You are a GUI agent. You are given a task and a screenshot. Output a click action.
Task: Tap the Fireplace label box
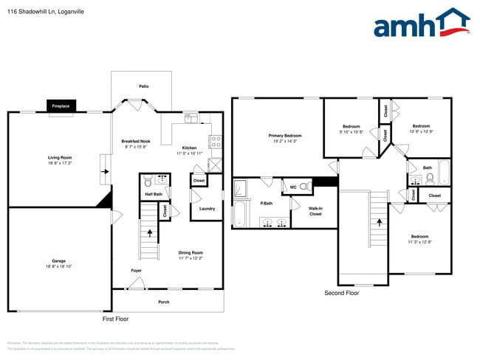click(61, 107)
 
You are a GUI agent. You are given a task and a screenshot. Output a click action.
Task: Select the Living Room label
click(60, 157)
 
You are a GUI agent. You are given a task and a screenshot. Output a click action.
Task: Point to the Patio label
click(144, 86)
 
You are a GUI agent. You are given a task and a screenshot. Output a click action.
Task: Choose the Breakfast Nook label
click(136, 141)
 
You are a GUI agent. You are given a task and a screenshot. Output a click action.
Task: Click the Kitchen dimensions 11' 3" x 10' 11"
click(189, 153)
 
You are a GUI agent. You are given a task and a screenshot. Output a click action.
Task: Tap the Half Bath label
click(154, 194)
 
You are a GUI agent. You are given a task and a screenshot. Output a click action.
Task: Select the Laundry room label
click(207, 208)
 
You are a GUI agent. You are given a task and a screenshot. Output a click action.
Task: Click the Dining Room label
click(190, 252)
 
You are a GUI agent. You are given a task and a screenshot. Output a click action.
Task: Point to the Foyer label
click(137, 271)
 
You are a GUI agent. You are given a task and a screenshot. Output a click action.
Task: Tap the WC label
click(292, 187)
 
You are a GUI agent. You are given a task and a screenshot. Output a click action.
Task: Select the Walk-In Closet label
click(315, 211)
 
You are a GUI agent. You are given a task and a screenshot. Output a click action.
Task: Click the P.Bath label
click(267, 203)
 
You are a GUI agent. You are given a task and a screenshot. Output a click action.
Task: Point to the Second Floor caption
click(341, 293)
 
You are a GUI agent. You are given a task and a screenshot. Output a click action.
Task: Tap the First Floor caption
click(115, 319)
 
